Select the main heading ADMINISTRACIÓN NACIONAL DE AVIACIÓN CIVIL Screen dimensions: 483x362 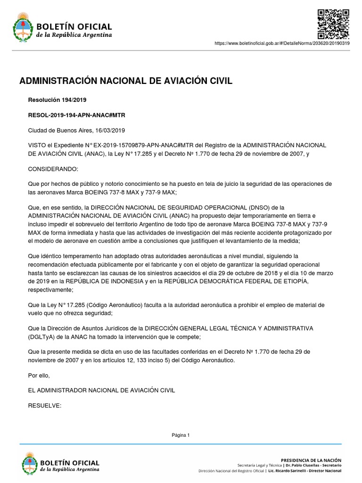(126, 81)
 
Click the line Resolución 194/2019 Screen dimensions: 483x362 (58, 100)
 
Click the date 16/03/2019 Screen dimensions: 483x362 (110, 130)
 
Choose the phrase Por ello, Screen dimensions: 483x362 (39, 375)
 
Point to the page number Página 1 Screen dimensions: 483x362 (181, 435)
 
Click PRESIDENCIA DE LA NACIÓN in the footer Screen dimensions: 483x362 (311, 459)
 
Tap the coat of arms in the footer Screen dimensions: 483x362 (30, 463)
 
